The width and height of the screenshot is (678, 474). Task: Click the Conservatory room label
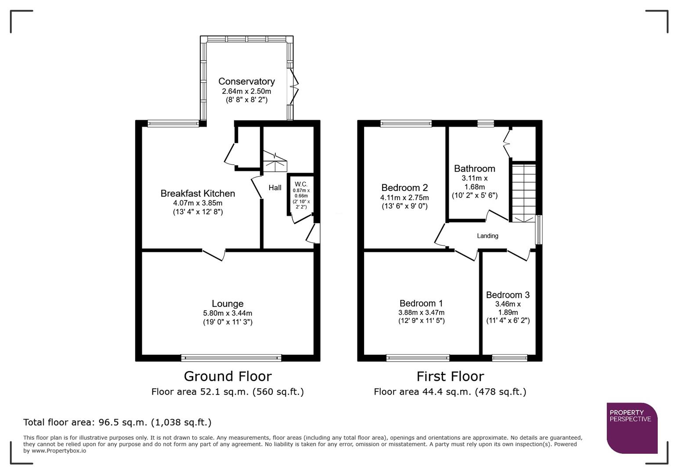click(x=246, y=81)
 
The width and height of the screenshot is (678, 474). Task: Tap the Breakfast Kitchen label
click(x=198, y=194)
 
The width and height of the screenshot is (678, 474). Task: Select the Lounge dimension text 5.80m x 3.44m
click(x=227, y=313)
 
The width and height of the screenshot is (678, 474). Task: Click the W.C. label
click(x=301, y=184)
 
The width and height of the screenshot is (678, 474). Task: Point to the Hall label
click(x=275, y=188)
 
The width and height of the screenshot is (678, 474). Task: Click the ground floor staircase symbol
click(x=274, y=162)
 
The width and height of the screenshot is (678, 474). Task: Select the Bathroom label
click(x=474, y=169)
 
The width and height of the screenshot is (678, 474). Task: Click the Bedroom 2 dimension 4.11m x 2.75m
click(x=404, y=198)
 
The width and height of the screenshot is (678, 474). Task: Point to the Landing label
click(x=487, y=236)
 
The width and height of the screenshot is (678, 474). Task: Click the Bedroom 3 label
click(x=508, y=295)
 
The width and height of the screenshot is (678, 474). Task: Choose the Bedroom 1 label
click(x=421, y=303)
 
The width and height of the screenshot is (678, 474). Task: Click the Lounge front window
click(x=231, y=358)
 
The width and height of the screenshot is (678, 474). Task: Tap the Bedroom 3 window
click(x=509, y=358)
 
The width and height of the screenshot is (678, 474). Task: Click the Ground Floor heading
click(x=227, y=377)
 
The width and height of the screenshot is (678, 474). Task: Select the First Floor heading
click(x=450, y=377)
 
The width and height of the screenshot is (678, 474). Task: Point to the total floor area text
click(x=117, y=423)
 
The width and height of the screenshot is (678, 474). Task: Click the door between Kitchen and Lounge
click(x=214, y=254)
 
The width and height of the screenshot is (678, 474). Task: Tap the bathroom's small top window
click(x=485, y=123)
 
